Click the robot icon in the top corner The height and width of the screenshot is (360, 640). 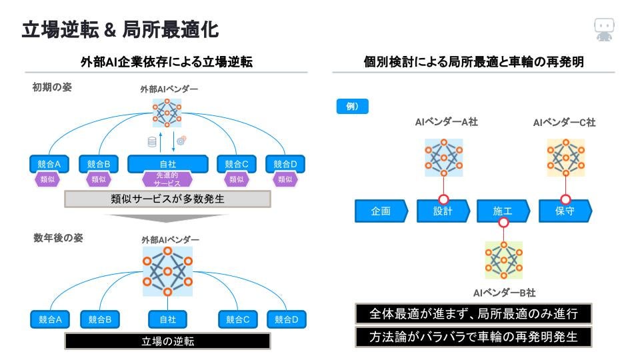604,30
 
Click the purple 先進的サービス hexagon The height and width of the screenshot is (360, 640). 167,179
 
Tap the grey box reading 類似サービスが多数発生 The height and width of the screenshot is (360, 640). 167,199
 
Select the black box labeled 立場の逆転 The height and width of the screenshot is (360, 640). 167,341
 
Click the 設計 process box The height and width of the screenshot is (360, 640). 443,211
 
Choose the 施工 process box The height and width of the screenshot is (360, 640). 503,211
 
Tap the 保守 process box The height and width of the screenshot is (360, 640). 565,211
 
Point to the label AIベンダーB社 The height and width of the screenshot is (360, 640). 504,293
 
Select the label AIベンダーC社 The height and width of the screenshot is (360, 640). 564,123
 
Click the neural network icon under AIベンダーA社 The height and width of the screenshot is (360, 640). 443,157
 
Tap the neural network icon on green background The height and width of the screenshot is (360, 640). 503,259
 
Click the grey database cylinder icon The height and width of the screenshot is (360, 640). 152,141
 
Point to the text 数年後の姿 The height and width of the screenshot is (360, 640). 58,238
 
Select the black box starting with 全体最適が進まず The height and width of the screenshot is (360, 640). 473,314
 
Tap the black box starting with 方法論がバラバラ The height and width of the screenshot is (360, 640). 473,337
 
